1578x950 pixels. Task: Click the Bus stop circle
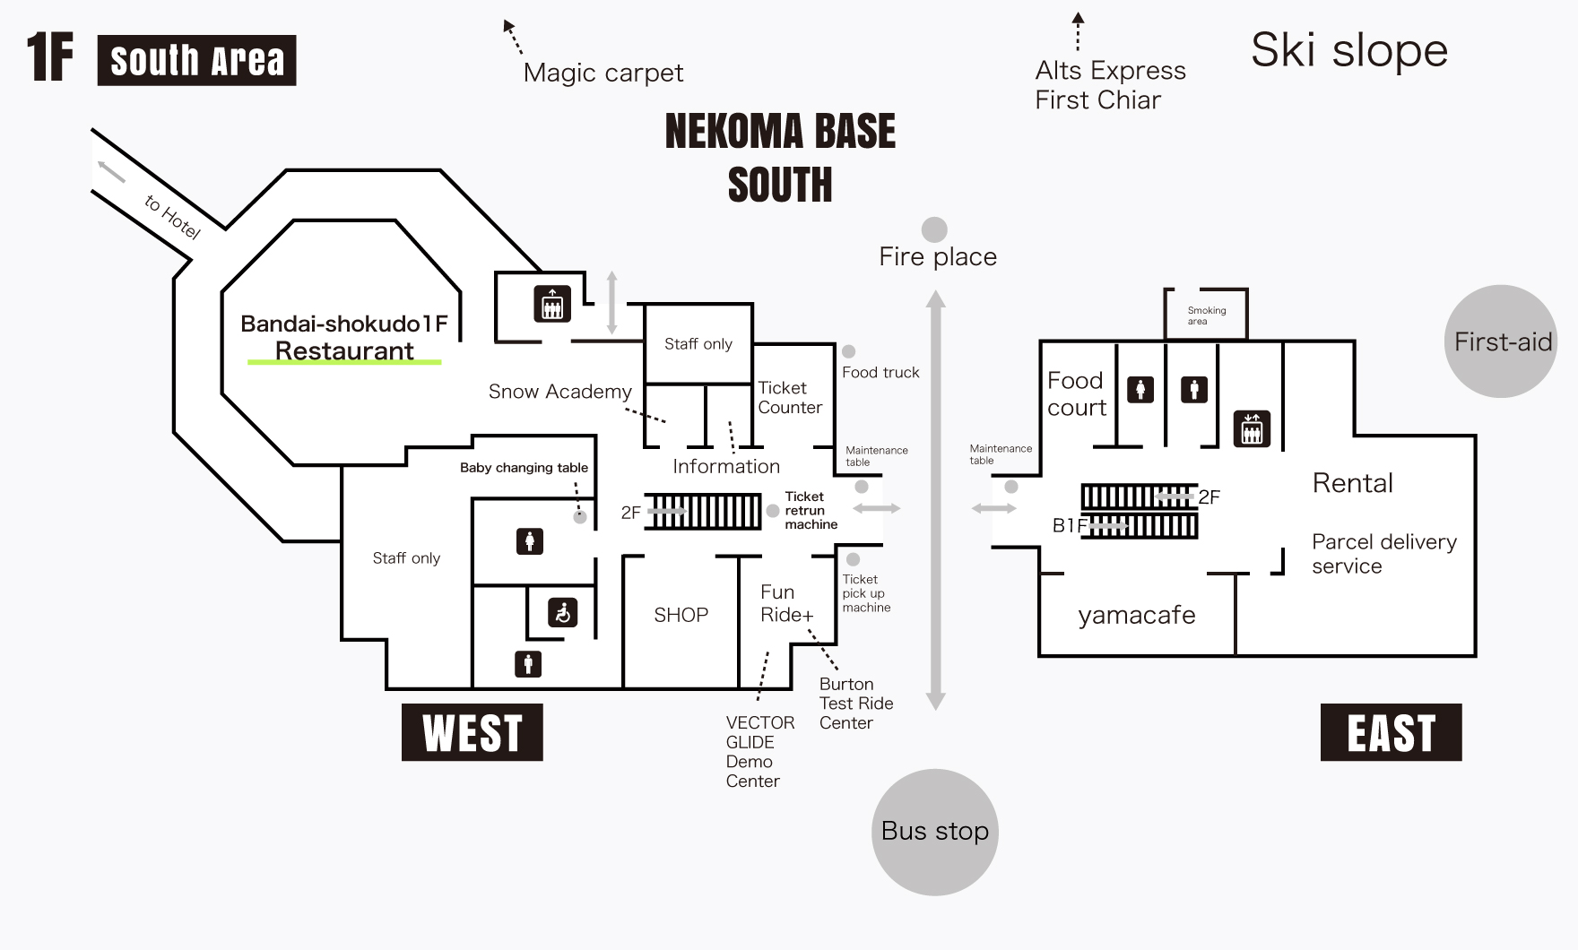[935, 832]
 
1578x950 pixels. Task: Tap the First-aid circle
[1501, 341]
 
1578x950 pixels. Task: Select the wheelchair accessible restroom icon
[562, 613]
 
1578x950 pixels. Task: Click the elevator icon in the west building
[552, 304]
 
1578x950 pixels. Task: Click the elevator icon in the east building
[1252, 428]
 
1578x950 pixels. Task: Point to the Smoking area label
[1206, 315]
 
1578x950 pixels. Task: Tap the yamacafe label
[1136, 615]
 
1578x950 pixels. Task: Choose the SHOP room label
[681, 615]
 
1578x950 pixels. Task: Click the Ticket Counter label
[789, 398]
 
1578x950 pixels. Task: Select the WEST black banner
[473, 732]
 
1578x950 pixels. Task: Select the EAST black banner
[1391, 732]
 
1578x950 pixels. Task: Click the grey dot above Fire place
[934, 229]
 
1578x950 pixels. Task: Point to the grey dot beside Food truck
[848, 352]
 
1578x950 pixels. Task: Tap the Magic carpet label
[603, 73]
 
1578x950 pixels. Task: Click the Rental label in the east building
[1352, 483]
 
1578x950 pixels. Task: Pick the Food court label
[1076, 394]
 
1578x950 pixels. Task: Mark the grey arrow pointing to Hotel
[112, 170]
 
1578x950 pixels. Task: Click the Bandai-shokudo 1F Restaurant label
[344, 337]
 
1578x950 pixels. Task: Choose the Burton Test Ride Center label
[855, 704]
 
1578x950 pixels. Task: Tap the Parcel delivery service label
[1383, 554]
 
